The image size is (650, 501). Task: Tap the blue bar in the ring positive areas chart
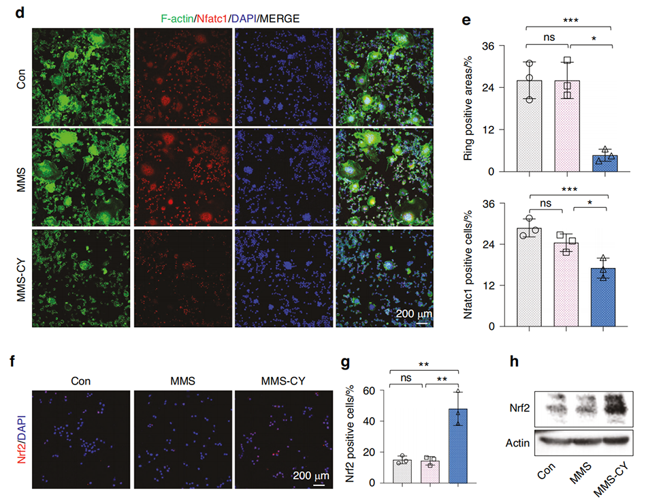click(x=604, y=164)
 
